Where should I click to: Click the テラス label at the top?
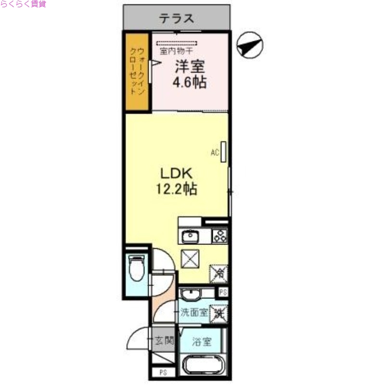pyautogui.click(x=177, y=19)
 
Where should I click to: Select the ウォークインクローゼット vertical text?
pyautogui.click(x=136, y=71)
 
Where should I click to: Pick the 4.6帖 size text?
pyautogui.click(x=189, y=82)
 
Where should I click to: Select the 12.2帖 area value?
pyautogui.click(x=176, y=189)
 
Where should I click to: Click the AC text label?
pyautogui.click(x=215, y=153)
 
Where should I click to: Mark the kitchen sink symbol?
pyautogui.click(x=190, y=237)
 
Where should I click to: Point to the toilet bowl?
pyautogui.click(x=137, y=268)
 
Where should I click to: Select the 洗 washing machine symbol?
pyautogui.click(x=219, y=313)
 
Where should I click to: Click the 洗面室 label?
pyautogui.click(x=194, y=313)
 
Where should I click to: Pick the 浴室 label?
pyautogui.click(x=202, y=342)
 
